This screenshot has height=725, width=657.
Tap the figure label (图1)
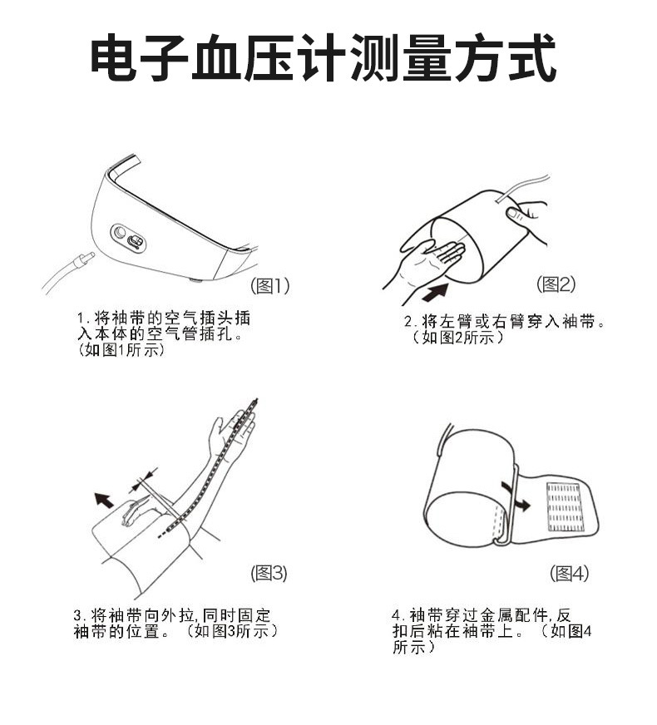click(x=270, y=286)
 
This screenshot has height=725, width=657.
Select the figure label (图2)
click(x=556, y=284)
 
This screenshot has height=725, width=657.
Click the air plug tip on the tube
click(x=84, y=260)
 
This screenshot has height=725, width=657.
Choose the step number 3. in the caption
click(x=79, y=616)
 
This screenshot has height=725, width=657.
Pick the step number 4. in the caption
click(x=398, y=616)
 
